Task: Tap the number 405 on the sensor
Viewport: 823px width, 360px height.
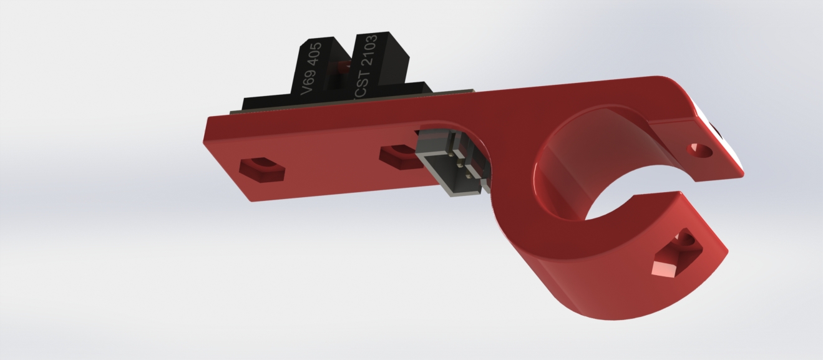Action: pyautogui.click(x=314, y=54)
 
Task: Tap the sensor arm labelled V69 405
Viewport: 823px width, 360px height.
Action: pyautogui.click(x=316, y=66)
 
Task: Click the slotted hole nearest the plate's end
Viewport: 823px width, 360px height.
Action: pyautogui.click(x=262, y=170)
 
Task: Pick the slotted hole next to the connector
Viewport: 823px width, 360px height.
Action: pyautogui.click(x=401, y=156)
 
